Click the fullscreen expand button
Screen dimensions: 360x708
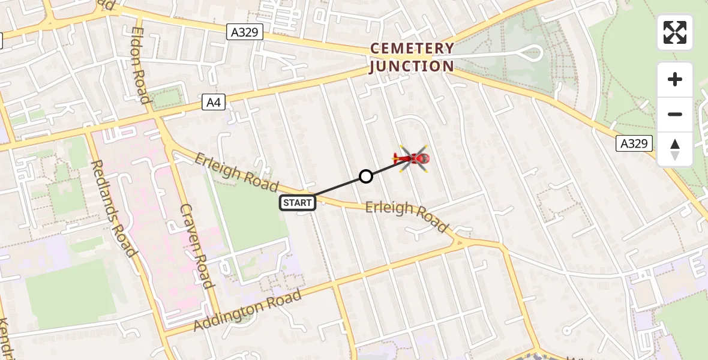click(675, 32)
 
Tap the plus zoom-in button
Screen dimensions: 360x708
click(675, 79)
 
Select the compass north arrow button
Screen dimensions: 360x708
click(675, 149)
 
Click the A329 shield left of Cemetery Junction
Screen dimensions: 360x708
click(245, 32)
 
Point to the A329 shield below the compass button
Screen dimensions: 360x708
click(634, 143)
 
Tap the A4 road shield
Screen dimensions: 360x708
click(214, 103)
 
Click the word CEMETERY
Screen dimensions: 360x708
click(412, 49)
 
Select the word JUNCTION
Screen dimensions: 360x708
click(412, 66)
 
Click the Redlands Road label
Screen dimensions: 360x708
click(112, 208)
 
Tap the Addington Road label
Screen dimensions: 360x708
click(247, 310)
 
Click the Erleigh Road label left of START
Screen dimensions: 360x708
click(236, 172)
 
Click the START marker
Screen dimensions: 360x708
click(297, 203)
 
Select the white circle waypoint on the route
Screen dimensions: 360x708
click(366, 176)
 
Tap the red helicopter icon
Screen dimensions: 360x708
click(412, 159)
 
